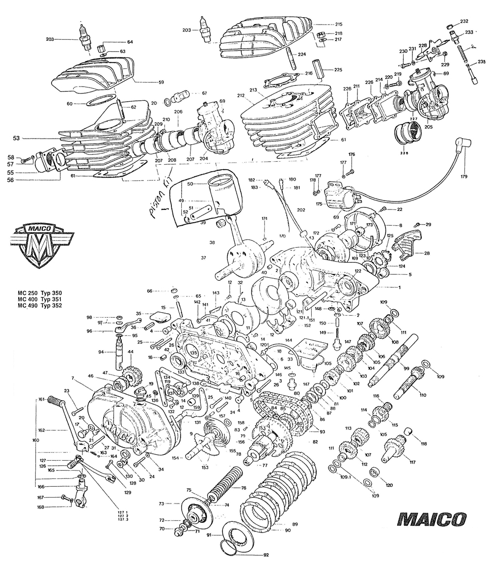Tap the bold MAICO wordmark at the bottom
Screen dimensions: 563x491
click(x=432, y=520)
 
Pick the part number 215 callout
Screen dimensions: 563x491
click(x=339, y=24)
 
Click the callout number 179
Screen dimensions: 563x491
click(x=464, y=177)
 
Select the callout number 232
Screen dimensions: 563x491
click(x=464, y=21)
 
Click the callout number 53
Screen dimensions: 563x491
click(x=17, y=139)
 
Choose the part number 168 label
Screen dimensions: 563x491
click(x=40, y=507)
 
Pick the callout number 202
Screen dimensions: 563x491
click(x=301, y=210)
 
